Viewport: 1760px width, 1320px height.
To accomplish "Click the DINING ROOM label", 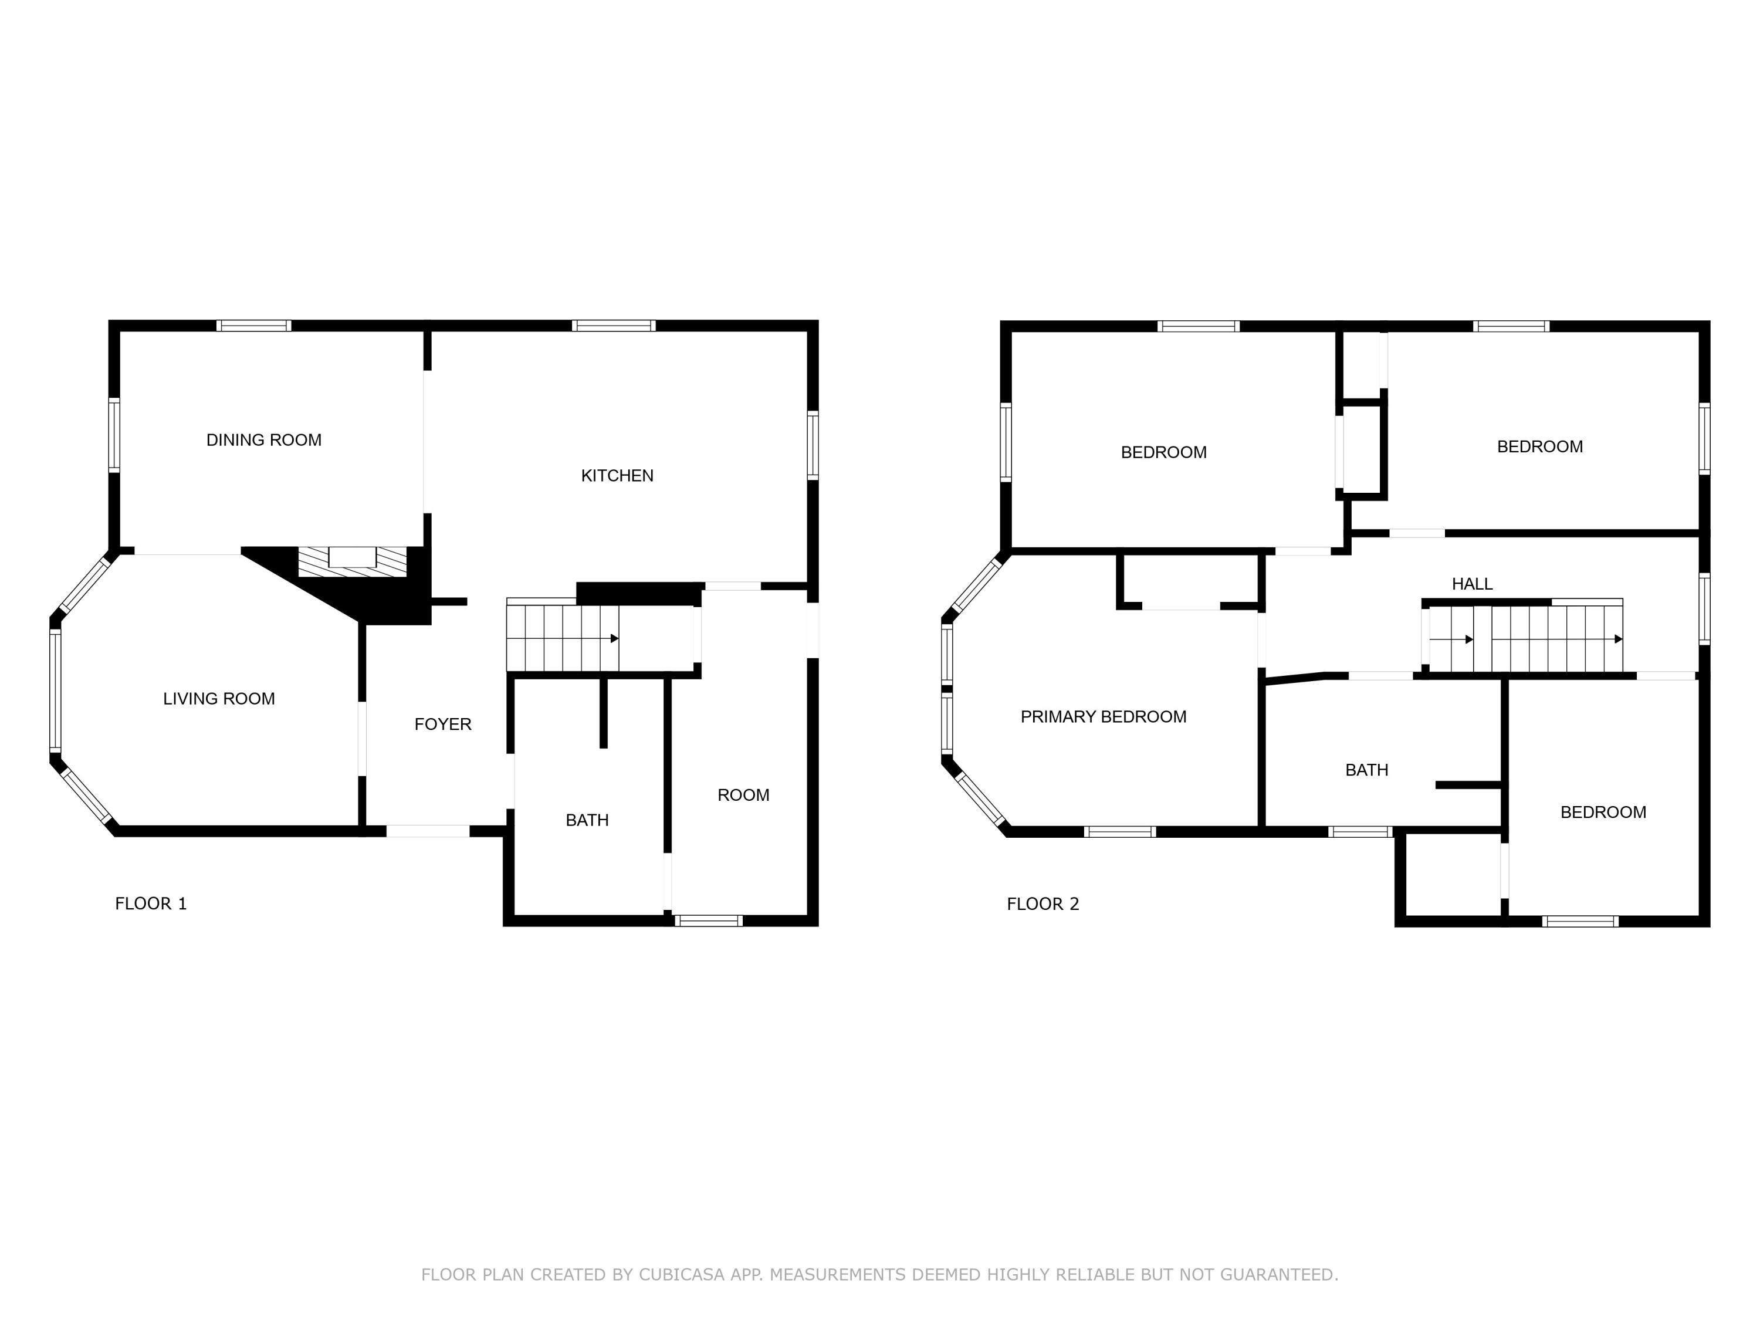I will [263, 440].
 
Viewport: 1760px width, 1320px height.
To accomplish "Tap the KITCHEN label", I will [617, 476].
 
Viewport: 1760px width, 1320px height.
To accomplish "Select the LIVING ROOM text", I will [219, 699].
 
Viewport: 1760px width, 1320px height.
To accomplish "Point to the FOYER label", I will [442, 724].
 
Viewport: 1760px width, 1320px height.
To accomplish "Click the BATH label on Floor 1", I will [587, 820].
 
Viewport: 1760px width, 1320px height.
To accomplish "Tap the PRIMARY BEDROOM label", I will [1103, 717].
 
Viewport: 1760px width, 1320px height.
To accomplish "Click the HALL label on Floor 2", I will [1471, 584].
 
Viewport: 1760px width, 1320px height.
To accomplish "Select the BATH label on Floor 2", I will [1366, 770].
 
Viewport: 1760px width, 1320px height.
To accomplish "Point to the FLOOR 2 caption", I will [1043, 904].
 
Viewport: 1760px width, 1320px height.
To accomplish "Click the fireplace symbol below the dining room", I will [353, 560].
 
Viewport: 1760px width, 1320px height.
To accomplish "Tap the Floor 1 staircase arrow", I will [614, 638].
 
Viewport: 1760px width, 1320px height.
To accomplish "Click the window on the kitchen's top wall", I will [614, 326].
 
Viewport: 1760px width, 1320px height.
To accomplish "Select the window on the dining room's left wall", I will [114, 435].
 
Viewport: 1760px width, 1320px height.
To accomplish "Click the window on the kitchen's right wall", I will [813, 445].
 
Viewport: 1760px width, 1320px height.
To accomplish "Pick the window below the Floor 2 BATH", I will [1360, 832].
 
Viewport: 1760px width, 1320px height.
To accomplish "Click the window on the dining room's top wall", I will [254, 326].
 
